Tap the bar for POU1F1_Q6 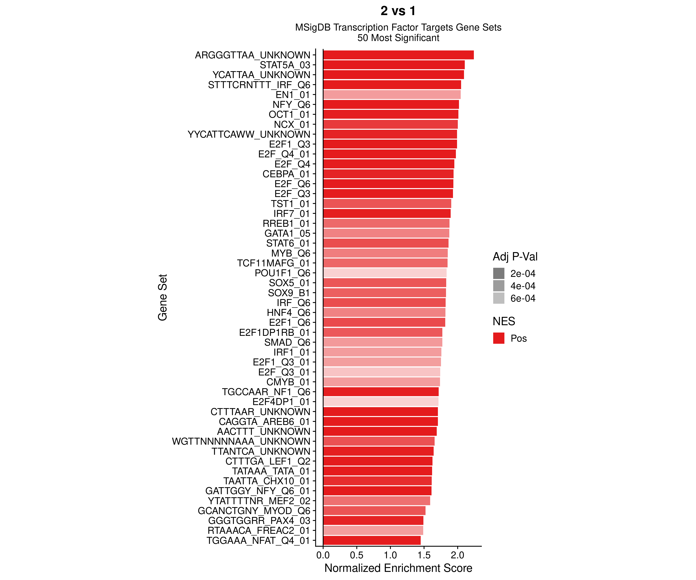point(385,273)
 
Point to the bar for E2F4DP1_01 point(380,402)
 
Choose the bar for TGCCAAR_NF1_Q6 point(380,392)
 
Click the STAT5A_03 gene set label point(285,65)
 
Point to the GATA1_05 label point(287,234)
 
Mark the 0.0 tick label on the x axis point(323,555)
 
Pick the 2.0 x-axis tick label point(457,555)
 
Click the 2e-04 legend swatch point(498,273)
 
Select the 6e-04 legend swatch point(498,298)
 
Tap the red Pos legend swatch point(498,338)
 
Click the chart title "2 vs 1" point(398,11)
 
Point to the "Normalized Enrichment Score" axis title point(398,568)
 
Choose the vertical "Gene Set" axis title point(162,297)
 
